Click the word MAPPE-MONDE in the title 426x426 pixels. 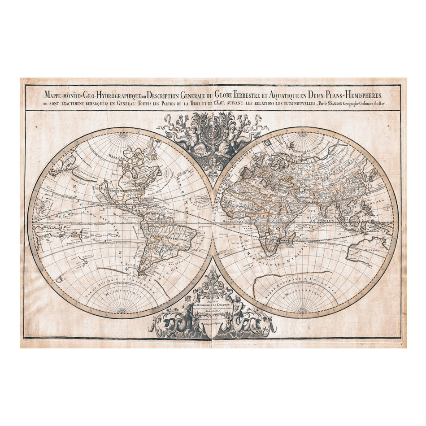[x=63, y=95]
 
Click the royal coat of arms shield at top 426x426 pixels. [x=213, y=134]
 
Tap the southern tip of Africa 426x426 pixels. [x=270, y=254]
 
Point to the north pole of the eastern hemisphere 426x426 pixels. [x=305, y=133]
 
